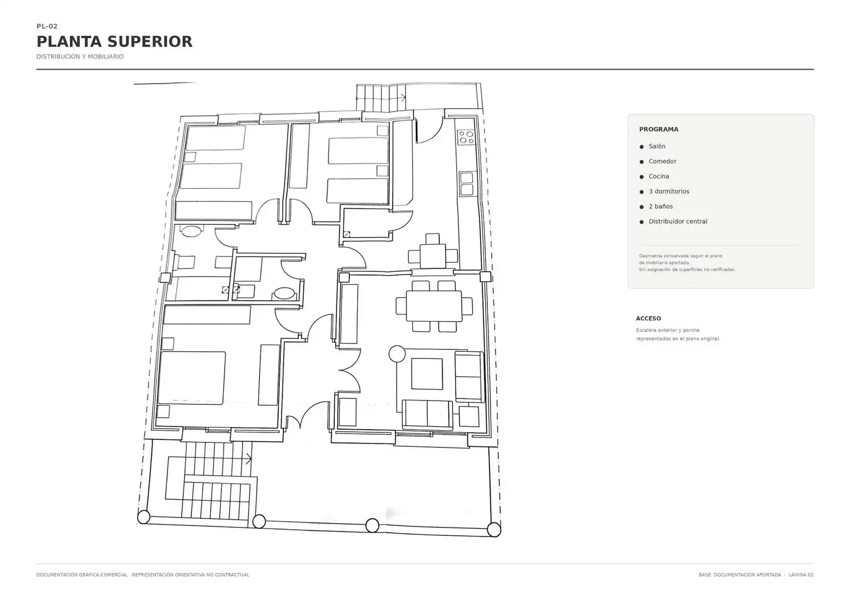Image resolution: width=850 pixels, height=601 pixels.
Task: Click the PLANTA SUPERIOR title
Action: click(114, 41)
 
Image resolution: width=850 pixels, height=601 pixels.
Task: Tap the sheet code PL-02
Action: click(47, 26)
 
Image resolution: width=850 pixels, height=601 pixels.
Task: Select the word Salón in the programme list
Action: click(657, 146)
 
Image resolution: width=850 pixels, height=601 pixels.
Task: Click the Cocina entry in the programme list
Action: click(659, 176)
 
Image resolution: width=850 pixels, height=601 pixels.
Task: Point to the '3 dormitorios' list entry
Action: click(669, 191)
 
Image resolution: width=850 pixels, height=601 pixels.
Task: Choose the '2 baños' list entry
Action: click(661, 206)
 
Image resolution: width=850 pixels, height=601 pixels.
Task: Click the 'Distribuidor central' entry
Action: click(678, 221)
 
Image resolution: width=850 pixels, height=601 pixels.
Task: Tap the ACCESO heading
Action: click(648, 318)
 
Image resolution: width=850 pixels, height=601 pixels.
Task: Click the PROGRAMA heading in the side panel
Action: click(659, 129)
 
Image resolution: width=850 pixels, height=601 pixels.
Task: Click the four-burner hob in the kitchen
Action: click(466, 137)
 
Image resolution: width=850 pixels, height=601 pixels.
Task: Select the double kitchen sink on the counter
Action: click(466, 184)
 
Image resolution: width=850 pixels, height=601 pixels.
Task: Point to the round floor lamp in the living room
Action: click(397, 354)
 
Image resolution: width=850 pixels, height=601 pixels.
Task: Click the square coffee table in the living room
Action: click(427, 374)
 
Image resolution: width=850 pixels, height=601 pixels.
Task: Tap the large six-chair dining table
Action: click(434, 306)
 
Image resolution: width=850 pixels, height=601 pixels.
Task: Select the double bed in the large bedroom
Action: click(191, 378)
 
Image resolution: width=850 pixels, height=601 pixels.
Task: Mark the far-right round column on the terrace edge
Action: click(493, 530)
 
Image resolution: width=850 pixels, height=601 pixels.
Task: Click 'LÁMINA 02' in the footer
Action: click(800, 575)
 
